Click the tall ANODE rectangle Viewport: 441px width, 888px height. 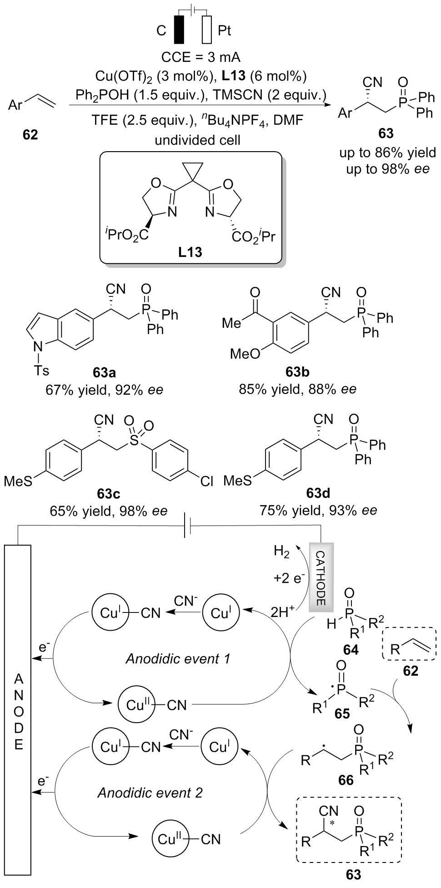coord(18,715)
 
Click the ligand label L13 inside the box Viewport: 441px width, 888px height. coord(190,252)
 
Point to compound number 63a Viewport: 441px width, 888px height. coord(104,374)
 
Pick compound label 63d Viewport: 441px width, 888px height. coord(318,493)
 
